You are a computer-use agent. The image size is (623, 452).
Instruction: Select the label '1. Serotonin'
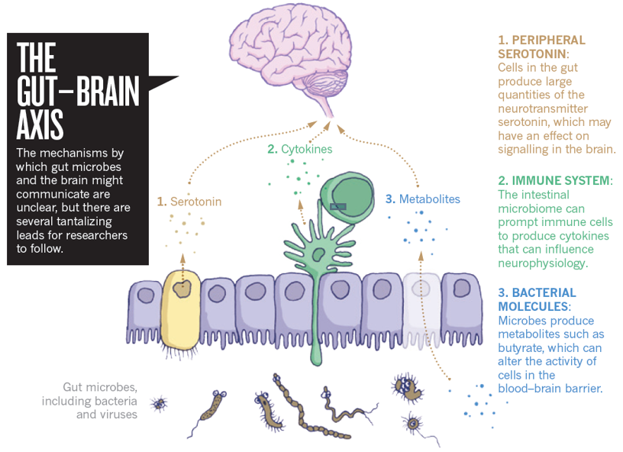click(x=189, y=202)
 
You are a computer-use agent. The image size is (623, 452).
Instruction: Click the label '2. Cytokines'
click(x=300, y=150)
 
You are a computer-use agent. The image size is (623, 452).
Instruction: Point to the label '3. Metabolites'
click(x=423, y=199)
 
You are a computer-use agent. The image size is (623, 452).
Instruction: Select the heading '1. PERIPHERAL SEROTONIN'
click(x=541, y=47)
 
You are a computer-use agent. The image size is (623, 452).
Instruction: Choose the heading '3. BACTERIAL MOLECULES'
click(x=537, y=299)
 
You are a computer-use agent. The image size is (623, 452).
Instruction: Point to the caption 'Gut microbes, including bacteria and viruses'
click(x=99, y=401)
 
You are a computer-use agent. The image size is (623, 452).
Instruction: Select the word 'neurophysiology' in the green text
click(x=541, y=263)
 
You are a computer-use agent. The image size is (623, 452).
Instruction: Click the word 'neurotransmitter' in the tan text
click(x=541, y=108)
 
